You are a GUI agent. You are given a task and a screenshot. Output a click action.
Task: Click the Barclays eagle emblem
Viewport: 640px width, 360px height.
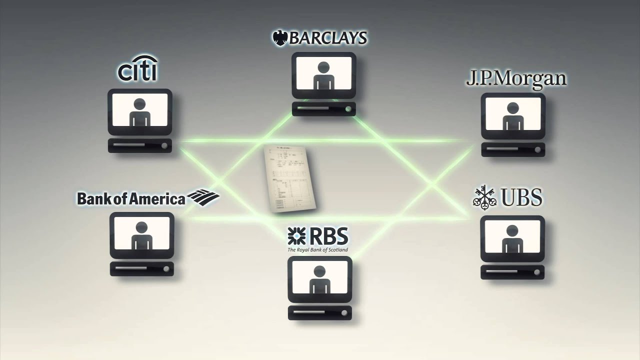pyautogui.click(x=279, y=38)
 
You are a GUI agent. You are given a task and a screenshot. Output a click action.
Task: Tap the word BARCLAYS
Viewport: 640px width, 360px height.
pyautogui.click(x=327, y=38)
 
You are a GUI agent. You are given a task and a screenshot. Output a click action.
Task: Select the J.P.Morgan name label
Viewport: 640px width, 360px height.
pyautogui.click(x=516, y=79)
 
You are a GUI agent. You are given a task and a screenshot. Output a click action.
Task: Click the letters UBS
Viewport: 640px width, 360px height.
pyautogui.click(x=521, y=198)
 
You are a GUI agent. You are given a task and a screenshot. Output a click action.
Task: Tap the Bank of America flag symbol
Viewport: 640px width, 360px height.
pyautogui.click(x=203, y=197)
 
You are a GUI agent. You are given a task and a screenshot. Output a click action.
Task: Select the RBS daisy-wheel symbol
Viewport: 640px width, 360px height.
pyautogui.click(x=296, y=235)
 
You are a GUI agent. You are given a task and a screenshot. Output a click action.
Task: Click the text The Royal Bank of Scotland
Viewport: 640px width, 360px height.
pyautogui.click(x=317, y=249)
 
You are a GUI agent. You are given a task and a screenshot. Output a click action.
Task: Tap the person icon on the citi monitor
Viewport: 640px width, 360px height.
pyautogui.click(x=139, y=112)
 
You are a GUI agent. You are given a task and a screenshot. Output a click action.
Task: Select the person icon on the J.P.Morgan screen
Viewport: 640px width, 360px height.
pyautogui.click(x=512, y=116)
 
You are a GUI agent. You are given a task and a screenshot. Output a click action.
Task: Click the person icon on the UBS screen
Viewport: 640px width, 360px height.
pyautogui.click(x=512, y=238)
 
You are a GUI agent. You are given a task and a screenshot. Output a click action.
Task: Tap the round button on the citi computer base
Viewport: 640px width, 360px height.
pyautogui.click(x=164, y=145)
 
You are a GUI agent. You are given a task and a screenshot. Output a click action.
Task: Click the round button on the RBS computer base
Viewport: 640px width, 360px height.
pyautogui.click(x=344, y=313)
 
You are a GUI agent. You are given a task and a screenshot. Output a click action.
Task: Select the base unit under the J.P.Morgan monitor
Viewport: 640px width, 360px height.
pyautogui.click(x=513, y=149)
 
